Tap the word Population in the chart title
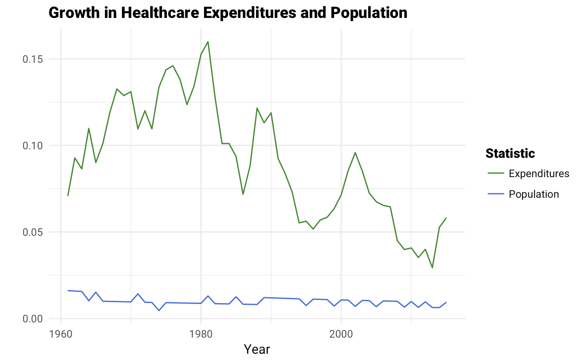(x=369, y=13)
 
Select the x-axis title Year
(x=257, y=349)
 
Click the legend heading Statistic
(x=510, y=153)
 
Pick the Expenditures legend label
(x=539, y=173)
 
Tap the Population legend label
(x=534, y=194)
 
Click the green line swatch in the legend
(x=496, y=173)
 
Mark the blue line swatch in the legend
(x=496, y=194)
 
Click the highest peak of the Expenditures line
(x=208, y=42)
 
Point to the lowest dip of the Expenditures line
(x=432, y=268)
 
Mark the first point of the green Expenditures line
(x=68, y=196)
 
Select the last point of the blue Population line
(x=446, y=303)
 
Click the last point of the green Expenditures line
(x=446, y=218)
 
